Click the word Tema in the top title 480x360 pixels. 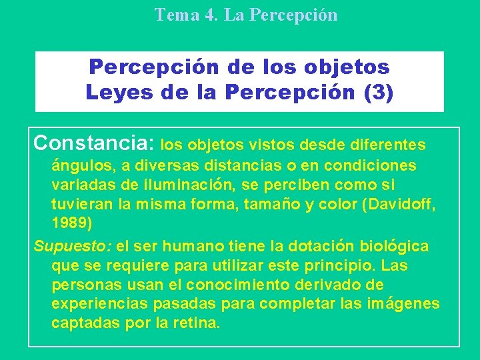174,15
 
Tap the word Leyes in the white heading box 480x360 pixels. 117,92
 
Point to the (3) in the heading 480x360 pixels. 376,92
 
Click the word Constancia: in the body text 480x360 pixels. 94,143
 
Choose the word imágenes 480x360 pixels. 406,304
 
